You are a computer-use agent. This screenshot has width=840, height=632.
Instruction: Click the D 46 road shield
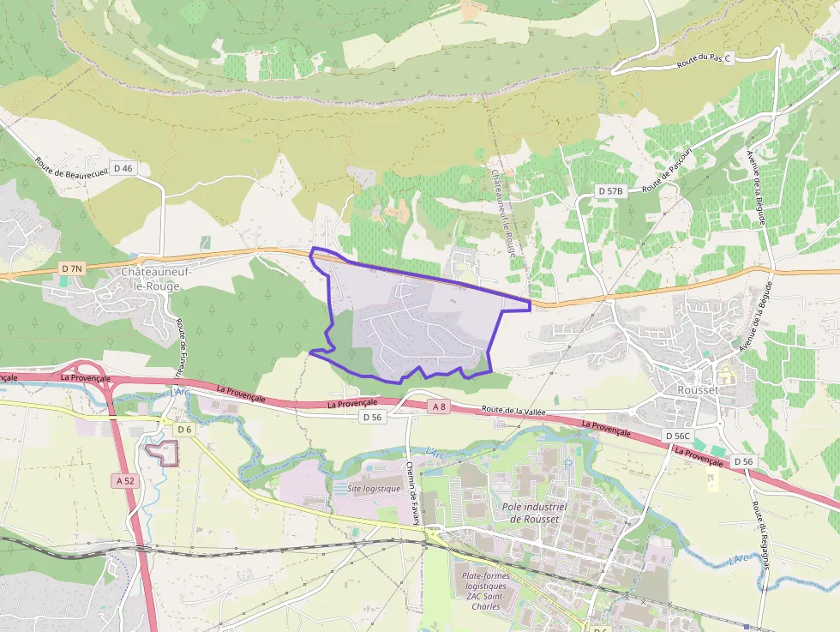coord(123,168)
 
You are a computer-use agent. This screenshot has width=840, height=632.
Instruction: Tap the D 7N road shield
coord(73,268)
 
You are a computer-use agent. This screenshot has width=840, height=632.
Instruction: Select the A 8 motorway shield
coord(439,406)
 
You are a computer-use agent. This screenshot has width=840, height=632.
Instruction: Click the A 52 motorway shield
coord(126,481)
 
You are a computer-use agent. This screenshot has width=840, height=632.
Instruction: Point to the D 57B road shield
coord(611,190)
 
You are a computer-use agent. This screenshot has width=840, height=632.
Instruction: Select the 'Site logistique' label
coord(374,489)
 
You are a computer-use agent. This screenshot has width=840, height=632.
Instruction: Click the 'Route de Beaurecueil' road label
coord(73,168)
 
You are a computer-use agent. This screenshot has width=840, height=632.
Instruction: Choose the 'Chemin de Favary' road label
coord(411,493)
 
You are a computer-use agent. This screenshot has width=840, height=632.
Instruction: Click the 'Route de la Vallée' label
coord(513,411)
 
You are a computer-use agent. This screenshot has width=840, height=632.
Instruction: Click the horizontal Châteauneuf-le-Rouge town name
coord(154,278)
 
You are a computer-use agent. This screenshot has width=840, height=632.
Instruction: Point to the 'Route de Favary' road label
coord(181,347)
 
